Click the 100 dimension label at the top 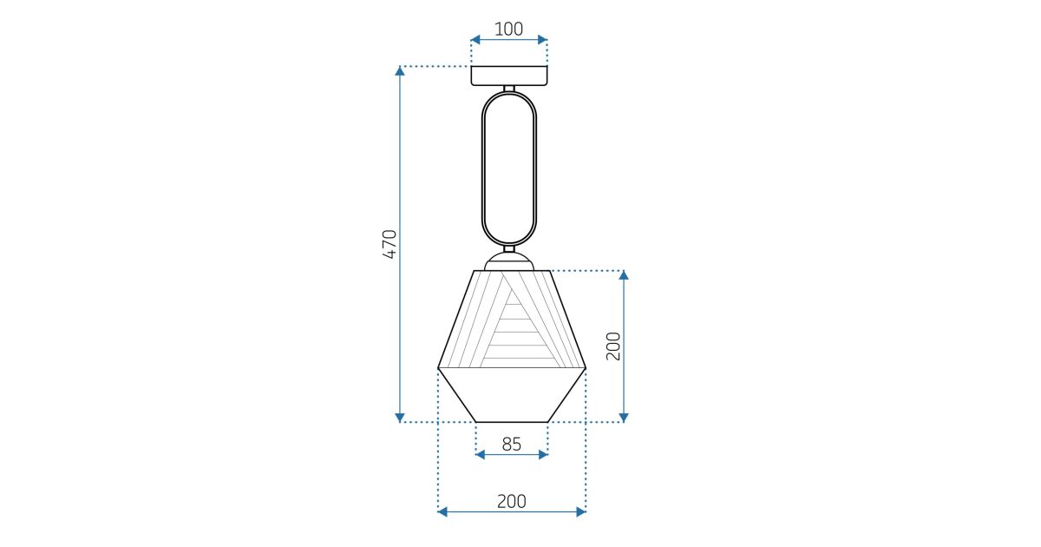pos(508,29)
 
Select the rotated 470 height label pos(390,244)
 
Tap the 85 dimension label pos(511,445)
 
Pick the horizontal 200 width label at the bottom pos(511,502)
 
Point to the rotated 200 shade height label pos(613,346)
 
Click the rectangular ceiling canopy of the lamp pos(509,76)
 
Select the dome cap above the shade pos(509,262)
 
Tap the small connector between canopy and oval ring pos(509,89)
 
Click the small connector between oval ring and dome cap pos(509,248)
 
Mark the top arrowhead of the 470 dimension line pos(400,70)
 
